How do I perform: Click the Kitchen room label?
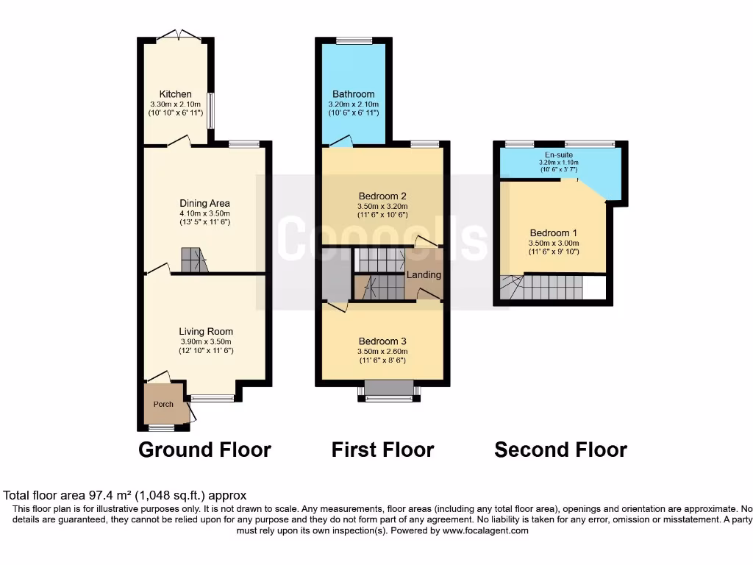point(176,94)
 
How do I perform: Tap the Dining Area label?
point(205,203)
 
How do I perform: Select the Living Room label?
point(205,332)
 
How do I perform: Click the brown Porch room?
point(163,404)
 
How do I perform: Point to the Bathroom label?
point(353,94)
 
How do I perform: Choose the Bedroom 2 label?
point(382,196)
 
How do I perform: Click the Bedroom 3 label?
point(382,341)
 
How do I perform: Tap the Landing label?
point(424,274)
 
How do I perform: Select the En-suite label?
point(559,155)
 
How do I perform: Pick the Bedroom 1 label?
point(554,232)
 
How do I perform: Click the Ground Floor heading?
point(204,449)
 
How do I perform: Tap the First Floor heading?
point(382,449)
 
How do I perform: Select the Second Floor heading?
point(560,449)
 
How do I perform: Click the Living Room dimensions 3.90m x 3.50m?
point(205,341)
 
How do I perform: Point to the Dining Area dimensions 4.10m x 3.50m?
point(205,213)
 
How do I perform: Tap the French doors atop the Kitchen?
point(179,34)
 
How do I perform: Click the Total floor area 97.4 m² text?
point(126,496)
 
